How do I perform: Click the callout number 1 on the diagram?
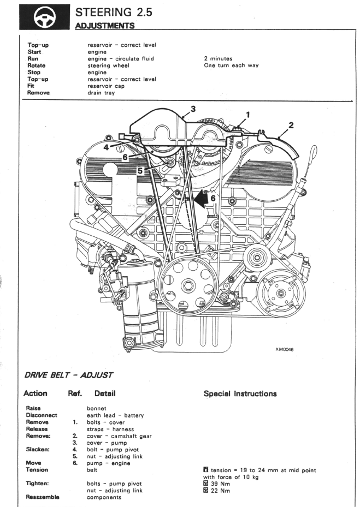click(248, 115)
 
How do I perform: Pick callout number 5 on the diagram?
click(140, 170)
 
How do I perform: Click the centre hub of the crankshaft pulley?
click(187, 285)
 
